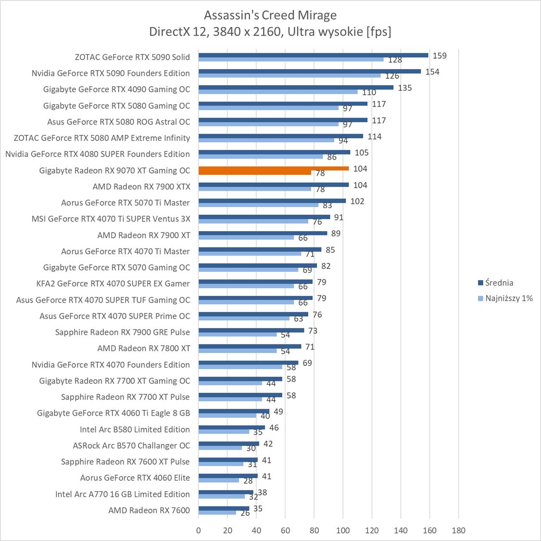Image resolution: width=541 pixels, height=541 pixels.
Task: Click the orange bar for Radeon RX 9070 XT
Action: tap(273, 169)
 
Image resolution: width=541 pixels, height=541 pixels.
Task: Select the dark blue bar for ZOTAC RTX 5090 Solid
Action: tap(313, 55)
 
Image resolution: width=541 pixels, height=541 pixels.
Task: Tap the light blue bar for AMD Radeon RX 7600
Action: tap(217, 513)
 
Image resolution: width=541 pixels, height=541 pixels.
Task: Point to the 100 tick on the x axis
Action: tap(343, 530)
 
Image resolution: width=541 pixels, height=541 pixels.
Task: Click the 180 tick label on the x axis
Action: tap(458, 530)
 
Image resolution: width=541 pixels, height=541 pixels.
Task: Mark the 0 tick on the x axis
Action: tap(199, 530)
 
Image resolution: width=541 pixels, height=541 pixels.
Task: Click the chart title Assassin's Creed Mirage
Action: tap(270, 15)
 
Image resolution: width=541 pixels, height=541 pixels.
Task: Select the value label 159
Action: tap(440, 56)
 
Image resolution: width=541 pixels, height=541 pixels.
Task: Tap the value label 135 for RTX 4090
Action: tap(405, 88)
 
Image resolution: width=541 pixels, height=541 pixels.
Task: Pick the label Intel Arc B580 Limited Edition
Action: tap(135, 429)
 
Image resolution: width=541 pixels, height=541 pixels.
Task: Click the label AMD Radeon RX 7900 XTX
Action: tap(141, 186)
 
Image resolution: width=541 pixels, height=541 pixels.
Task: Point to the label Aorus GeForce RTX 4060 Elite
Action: tap(135, 478)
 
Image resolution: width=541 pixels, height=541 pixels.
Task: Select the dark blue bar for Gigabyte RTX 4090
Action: tap(296, 87)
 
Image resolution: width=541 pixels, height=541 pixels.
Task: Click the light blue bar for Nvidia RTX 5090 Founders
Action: tap(289, 75)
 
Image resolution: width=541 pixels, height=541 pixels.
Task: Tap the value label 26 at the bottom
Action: tap(245, 513)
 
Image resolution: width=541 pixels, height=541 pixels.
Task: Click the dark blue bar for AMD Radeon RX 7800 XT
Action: tap(250, 346)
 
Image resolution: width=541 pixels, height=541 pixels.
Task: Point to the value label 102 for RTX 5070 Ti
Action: tap(357, 201)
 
